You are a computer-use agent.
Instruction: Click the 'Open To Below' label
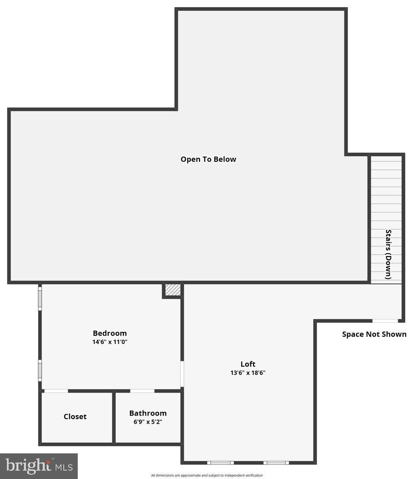[208, 159]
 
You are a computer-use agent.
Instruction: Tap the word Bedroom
[109, 333]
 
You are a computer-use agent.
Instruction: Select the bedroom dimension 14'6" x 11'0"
[109, 342]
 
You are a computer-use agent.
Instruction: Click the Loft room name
[248, 364]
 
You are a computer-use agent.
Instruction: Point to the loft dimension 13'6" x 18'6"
[248, 373]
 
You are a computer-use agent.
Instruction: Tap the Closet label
[75, 416]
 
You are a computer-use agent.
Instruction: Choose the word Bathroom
[148, 413]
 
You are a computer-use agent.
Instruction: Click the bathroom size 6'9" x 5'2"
[148, 422]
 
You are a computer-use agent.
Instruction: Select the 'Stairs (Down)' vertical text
[388, 254]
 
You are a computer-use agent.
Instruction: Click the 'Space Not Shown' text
[374, 334]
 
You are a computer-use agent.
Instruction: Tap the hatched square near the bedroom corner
[172, 290]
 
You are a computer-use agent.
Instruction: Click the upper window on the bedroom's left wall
[40, 298]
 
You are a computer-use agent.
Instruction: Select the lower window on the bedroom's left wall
[40, 370]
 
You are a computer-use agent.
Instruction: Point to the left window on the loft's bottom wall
[220, 463]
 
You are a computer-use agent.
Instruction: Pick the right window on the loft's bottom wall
[276, 463]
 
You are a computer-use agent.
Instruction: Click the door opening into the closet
[56, 391]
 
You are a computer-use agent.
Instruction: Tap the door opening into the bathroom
[142, 391]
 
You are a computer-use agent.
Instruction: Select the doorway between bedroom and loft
[182, 373]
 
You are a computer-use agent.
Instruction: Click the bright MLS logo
[39, 466]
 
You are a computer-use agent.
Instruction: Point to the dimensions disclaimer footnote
[207, 475]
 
